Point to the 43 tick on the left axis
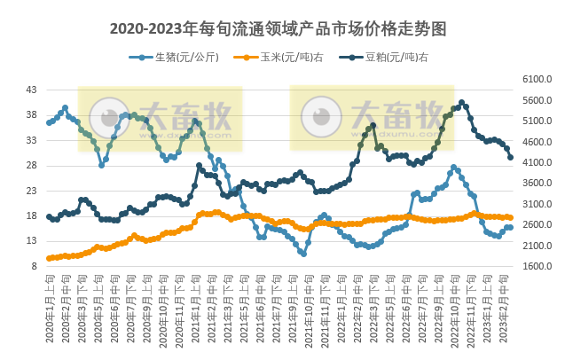point(31,90)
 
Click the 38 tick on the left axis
point(31,115)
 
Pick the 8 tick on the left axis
point(34,266)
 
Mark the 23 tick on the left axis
point(31,191)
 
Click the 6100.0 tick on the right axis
point(539,79)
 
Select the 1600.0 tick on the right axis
point(539,266)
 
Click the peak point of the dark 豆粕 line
point(462,103)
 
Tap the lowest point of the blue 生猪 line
point(303,254)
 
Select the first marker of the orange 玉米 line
point(49,258)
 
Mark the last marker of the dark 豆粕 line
point(510,157)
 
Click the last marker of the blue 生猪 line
point(510,227)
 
